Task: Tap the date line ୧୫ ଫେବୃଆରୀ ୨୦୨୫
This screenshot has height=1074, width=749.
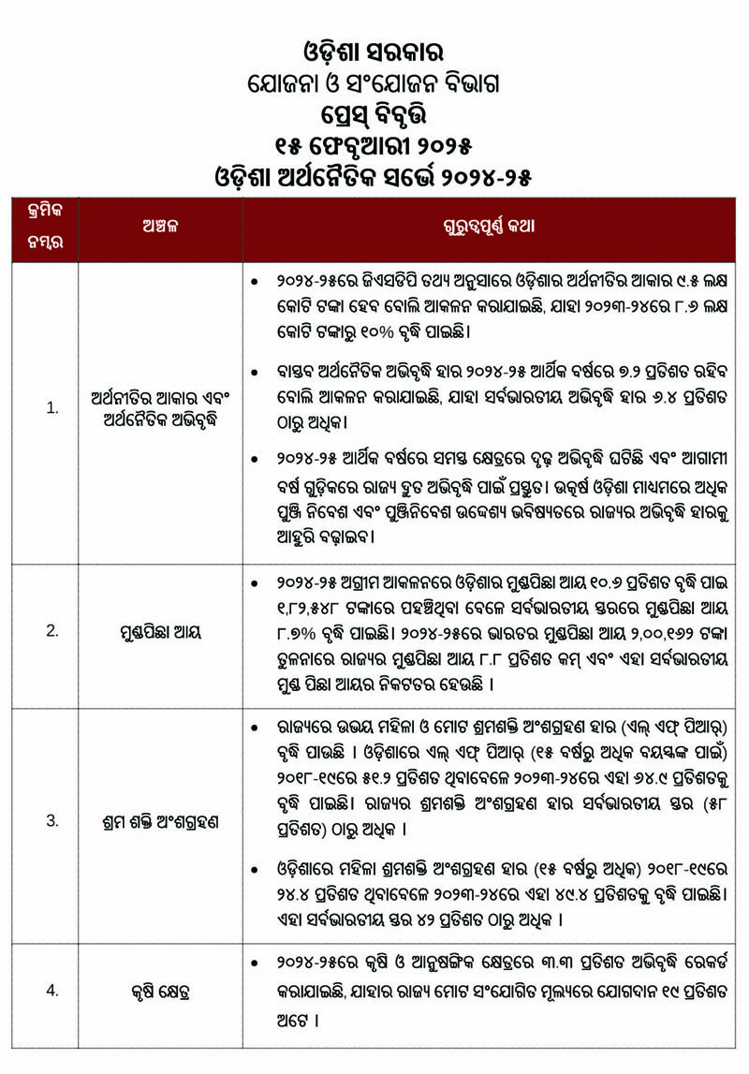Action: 374,147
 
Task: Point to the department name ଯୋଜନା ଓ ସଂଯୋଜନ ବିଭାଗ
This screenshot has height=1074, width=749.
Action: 374,83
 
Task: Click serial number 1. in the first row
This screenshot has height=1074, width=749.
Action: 52,408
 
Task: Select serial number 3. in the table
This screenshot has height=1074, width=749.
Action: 52,820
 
